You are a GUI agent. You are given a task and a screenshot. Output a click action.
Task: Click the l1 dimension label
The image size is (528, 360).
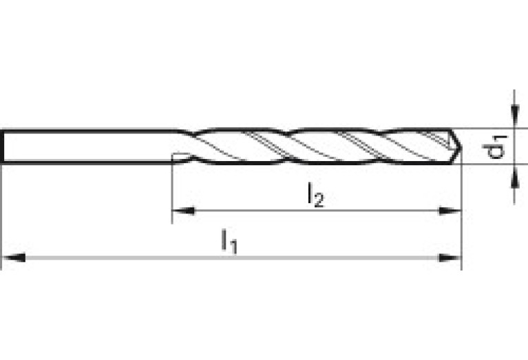tap(228, 242)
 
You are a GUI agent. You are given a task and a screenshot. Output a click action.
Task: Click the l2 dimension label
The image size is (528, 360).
tap(315, 195)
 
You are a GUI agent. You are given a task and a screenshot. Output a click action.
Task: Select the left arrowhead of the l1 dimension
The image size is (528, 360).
tap(14, 257)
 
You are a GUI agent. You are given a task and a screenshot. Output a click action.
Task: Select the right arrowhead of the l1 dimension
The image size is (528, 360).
tap(450, 257)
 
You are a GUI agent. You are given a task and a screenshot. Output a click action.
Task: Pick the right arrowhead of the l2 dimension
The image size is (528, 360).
tap(450, 211)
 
